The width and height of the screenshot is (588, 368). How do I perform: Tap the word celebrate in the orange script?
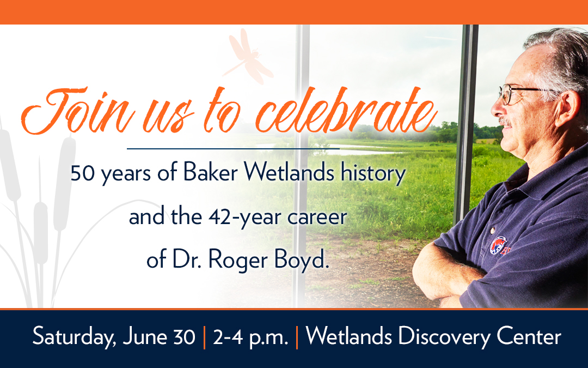pos(347,111)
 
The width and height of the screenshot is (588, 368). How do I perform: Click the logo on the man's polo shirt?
pos(499,245)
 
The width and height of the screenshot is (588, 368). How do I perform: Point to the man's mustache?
pos(505,123)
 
